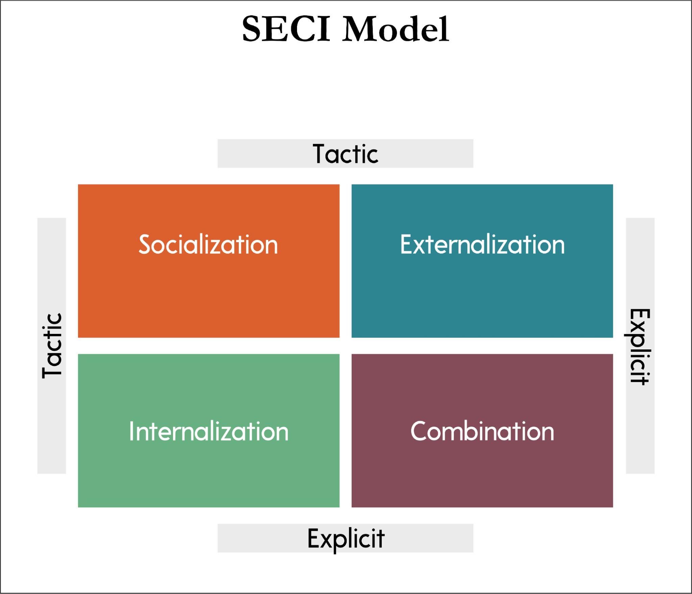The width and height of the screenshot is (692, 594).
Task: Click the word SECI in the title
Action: (286, 29)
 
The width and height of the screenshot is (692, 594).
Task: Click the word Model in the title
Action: (396, 29)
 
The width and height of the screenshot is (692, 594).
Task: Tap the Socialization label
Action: (208, 244)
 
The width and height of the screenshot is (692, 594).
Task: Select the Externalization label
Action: (482, 244)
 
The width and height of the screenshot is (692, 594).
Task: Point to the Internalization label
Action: (208, 431)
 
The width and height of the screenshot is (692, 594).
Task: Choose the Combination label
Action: (482, 431)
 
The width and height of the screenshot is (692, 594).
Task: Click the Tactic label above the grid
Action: (345, 154)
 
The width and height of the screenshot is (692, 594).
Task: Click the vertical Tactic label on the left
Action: (52, 346)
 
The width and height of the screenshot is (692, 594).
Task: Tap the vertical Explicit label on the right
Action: (640, 346)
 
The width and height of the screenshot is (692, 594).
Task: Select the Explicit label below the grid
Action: (345, 538)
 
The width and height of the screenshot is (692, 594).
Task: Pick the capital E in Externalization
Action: (406, 244)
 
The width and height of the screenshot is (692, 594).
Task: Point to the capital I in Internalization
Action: (131, 431)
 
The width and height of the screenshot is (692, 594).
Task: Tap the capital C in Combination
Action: (419, 431)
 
